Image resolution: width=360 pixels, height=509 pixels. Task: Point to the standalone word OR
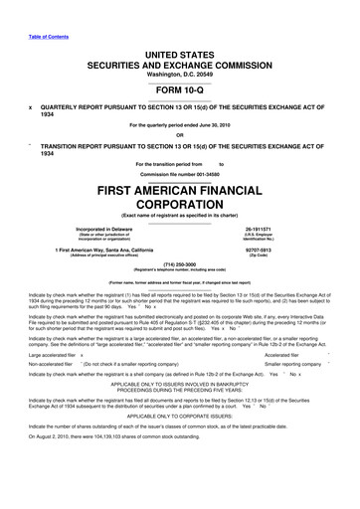point(180,136)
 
